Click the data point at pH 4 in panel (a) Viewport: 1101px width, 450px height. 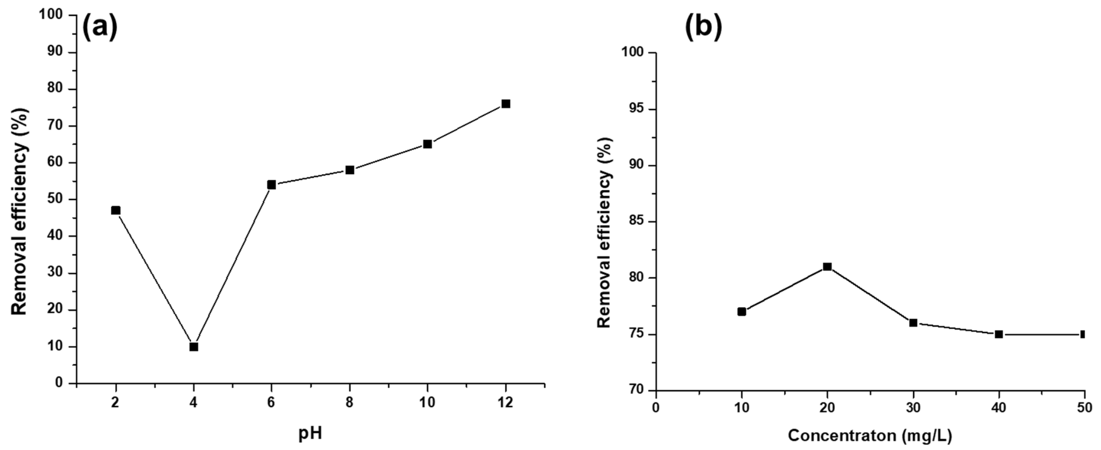click(x=194, y=346)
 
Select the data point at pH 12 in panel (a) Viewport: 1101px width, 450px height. click(x=506, y=104)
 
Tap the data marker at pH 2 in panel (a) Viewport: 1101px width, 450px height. click(x=115, y=210)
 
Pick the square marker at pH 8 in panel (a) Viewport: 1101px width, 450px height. click(x=350, y=170)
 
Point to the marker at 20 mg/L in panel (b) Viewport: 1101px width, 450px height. click(x=827, y=267)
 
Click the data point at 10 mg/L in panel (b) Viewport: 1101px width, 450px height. click(x=741, y=311)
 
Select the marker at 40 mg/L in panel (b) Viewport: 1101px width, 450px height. click(x=998, y=334)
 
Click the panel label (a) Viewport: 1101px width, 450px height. click(x=99, y=27)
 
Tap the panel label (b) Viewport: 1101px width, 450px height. click(x=703, y=27)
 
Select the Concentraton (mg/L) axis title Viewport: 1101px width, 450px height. click(x=870, y=436)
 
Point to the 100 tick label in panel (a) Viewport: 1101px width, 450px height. click(x=51, y=15)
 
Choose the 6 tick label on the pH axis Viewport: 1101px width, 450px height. click(x=271, y=403)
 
